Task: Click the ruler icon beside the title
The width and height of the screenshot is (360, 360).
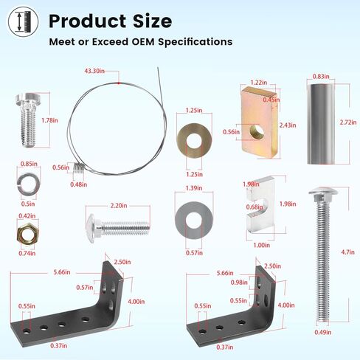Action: coord(23,21)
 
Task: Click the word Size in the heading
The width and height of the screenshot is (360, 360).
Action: coord(152,21)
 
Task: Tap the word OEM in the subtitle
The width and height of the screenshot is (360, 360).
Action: coord(143,41)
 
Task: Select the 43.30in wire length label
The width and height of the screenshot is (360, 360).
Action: coord(94,71)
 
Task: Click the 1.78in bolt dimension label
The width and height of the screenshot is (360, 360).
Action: coord(49,120)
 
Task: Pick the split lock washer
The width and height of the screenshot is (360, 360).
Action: coord(29,184)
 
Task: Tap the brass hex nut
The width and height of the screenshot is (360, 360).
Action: coord(27,234)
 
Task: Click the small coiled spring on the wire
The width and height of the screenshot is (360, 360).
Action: coord(79,169)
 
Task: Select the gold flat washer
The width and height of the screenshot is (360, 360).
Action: coord(194,141)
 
